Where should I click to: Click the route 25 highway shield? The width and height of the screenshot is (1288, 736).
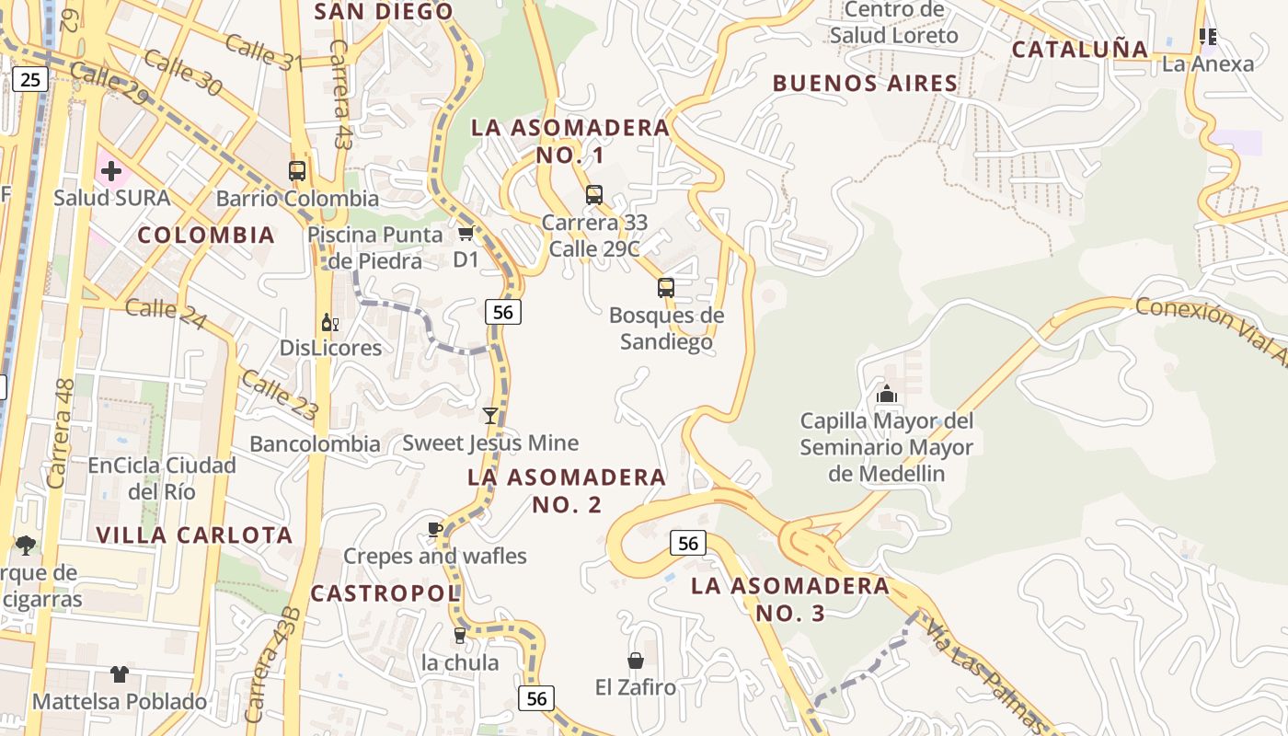(30, 79)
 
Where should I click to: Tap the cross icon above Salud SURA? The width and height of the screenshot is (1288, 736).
(111, 171)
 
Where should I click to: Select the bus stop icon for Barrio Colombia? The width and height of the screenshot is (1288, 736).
(297, 171)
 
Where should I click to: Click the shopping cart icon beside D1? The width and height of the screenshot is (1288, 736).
(466, 234)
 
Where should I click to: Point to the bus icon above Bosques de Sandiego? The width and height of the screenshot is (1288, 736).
(666, 288)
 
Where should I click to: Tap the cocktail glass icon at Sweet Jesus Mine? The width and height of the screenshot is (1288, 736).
(490, 416)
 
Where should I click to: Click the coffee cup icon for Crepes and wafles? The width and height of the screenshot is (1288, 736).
(435, 529)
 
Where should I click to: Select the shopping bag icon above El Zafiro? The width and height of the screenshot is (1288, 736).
(635, 661)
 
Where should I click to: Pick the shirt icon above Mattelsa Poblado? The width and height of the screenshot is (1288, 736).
(120, 674)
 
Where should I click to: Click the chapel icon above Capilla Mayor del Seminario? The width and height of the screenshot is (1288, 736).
(887, 395)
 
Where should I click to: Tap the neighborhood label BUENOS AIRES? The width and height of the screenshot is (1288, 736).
(865, 83)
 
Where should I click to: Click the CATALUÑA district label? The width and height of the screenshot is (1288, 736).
(1080, 49)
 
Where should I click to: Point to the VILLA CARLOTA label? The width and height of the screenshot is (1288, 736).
(194, 535)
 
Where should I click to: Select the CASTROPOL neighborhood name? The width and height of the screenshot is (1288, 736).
(385, 593)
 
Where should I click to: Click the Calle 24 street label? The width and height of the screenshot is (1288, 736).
(166, 309)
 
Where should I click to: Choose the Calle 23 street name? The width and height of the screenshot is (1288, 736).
(280, 394)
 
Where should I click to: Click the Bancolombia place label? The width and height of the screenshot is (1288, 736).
(315, 443)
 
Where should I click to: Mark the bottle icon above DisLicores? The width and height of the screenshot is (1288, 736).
(329, 323)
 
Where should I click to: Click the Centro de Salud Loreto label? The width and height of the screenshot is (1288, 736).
(893, 22)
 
